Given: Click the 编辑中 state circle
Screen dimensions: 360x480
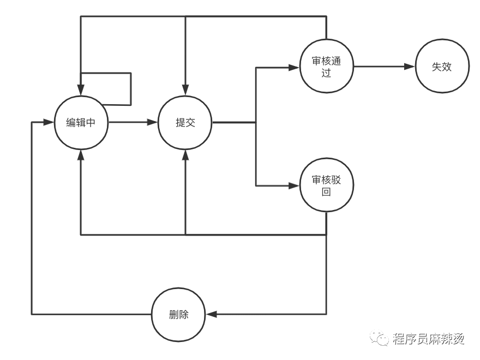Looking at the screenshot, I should [x=81, y=123].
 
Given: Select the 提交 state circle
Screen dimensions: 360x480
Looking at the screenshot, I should [x=185, y=123].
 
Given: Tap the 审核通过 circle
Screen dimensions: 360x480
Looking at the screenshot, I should [x=326, y=67].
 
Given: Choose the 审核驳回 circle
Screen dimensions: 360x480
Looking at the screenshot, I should [x=326, y=185].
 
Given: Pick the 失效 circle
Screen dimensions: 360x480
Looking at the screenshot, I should [x=442, y=67].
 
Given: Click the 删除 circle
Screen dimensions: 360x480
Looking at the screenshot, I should [x=178, y=315].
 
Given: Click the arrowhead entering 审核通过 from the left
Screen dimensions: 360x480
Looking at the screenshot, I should [x=294, y=68].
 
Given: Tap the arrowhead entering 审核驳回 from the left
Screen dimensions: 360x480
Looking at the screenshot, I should [x=294, y=185].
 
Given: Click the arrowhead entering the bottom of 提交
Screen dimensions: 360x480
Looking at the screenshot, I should [x=185, y=155].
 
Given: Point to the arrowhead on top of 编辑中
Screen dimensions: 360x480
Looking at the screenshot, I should [x=81, y=90].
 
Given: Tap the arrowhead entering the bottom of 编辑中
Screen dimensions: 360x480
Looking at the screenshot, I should [x=81, y=155].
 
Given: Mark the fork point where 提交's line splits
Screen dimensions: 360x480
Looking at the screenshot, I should [x=256, y=123].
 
